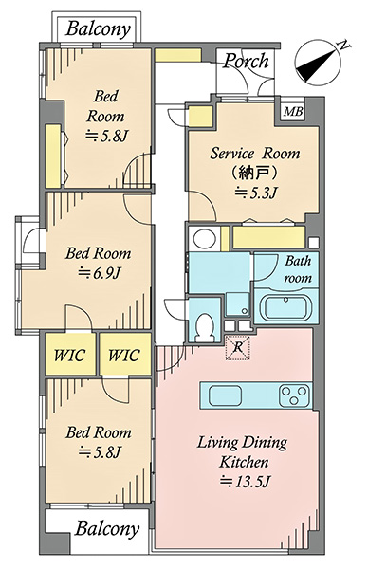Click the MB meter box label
pos(293,111)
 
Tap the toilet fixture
pos(205,326)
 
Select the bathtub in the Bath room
pos(286,308)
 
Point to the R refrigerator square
pos(238,348)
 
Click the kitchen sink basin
pos(225,395)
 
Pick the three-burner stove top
pos(295,395)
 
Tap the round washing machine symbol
pos(204,239)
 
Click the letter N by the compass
pos(343,45)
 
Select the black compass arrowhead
pos(316,65)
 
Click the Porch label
pos(246,61)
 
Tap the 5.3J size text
pos(257,192)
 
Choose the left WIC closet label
pos(70,355)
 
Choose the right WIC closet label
pos(124,355)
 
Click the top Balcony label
pos(98,29)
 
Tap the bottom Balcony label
pos(107,529)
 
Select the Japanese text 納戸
pos(255,173)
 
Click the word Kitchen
pos(244,462)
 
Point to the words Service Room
pos(255,153)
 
